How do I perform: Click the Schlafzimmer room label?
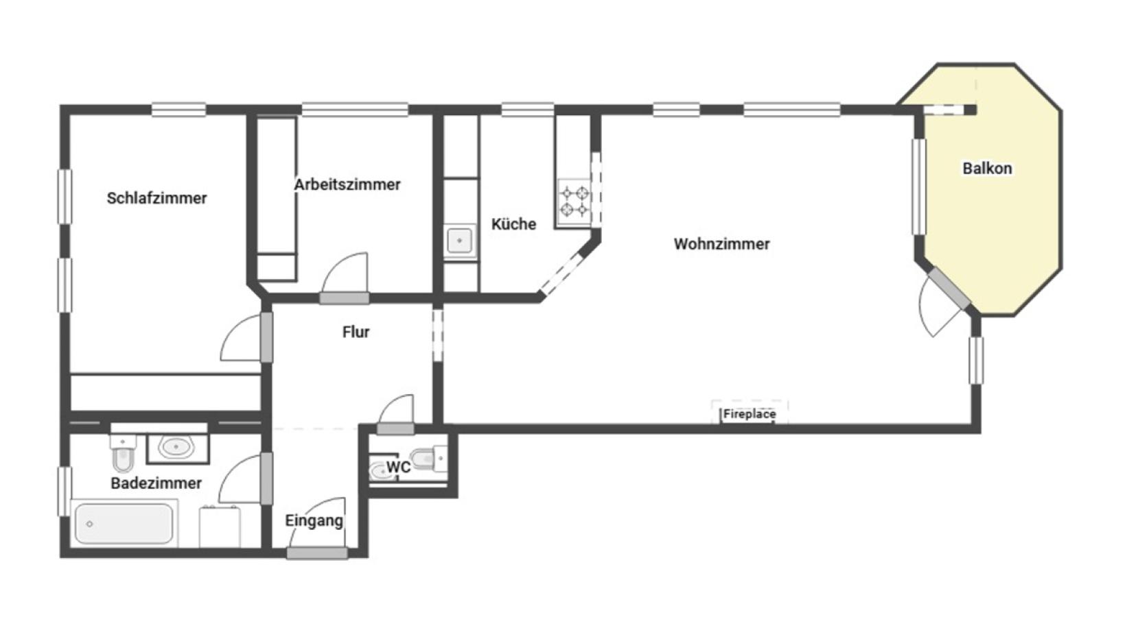coord(156,198)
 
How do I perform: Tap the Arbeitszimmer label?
coord(347,184)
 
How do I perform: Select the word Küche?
coord(513,223)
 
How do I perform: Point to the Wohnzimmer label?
coord(721,244)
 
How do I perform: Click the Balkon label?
coord(987,168)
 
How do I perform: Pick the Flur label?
coord(356,332)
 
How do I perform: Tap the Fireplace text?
coord(750,414)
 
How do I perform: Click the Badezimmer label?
coord(156,483)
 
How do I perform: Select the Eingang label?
coord(314,521)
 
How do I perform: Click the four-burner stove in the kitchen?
coord(575,201)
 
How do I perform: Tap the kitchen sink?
coord(460,241)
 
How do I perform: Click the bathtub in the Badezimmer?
coord(124,523)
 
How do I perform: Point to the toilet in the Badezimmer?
coord(123,453)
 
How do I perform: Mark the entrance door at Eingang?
coord(317,553)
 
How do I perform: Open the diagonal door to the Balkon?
coord(949,289)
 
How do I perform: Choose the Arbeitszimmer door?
coord(345,298)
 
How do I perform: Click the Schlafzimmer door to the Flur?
coord(267,337)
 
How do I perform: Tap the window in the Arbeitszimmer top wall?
coord(355,109)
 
